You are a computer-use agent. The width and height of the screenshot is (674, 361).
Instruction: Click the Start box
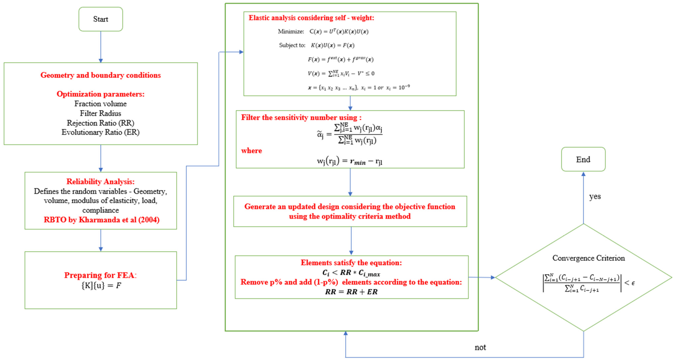pos(100,19)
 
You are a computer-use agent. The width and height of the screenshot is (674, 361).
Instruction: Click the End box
pos(583,159)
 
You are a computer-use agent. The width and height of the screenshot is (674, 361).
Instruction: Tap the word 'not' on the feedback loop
pos(480,347)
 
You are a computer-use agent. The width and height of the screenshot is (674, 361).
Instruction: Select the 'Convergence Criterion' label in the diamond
pos(588,258)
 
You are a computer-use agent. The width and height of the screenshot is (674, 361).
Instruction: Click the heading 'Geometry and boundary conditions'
pos(100,75)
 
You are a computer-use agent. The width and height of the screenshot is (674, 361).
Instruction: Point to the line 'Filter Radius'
pos(100,113)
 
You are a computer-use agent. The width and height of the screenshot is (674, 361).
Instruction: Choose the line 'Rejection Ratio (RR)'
pos(100,123)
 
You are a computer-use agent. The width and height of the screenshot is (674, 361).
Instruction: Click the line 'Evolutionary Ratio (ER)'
pos(100,132)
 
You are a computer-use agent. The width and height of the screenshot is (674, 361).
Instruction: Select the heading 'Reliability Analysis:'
pos(100,181)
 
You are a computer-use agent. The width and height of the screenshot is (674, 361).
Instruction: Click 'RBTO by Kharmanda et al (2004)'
pos(101,220)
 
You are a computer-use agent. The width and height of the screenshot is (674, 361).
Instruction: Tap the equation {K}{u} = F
pos(101,285)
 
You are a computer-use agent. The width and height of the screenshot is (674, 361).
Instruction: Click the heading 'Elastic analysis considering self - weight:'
pos(311,18)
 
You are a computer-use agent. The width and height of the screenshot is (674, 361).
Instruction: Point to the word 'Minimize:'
pos(291,31)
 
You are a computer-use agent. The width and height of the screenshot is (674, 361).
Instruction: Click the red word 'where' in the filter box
pos(251,151)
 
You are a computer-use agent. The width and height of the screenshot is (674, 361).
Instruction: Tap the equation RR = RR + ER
pos(351,292)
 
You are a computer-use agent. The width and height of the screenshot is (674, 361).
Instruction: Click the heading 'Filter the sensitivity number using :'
pos(301,117)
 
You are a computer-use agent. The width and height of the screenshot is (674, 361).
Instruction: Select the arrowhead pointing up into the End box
pos(583,174)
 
